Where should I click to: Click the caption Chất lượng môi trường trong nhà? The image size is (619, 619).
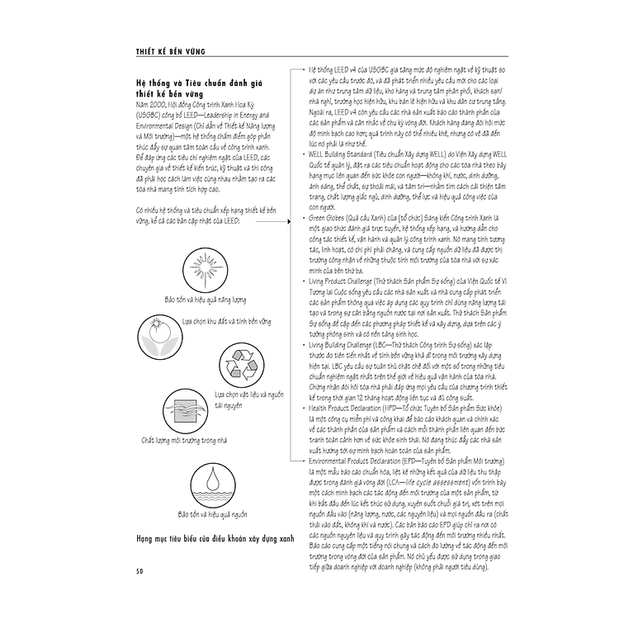point(184,441)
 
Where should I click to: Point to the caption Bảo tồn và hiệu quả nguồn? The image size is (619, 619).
point(212,513)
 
